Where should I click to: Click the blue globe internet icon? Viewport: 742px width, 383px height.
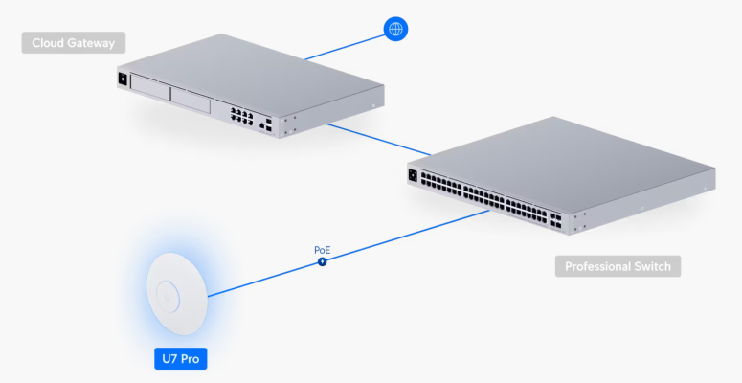pos(394,29)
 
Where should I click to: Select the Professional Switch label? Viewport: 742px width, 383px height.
pos(618,266)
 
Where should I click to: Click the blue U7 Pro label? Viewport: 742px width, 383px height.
pos(180,359)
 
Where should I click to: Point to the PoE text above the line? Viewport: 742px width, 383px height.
pos(323,249)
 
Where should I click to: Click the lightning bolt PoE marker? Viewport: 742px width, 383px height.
pos(323,260)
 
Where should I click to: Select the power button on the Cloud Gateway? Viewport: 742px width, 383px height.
pos(122,79)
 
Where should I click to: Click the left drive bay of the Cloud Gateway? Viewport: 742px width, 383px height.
pos(151,91)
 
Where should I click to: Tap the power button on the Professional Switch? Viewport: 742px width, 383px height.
pos(415,174)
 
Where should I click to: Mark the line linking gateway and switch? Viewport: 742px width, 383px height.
pos(378,138)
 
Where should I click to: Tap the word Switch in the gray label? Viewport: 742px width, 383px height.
pos(653,266)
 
